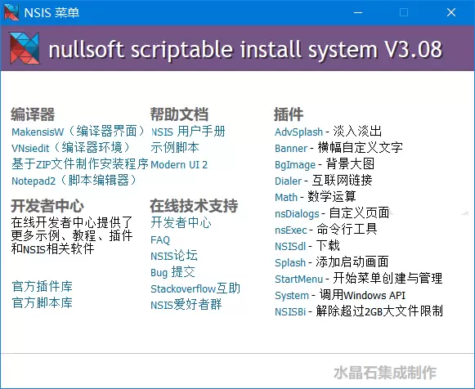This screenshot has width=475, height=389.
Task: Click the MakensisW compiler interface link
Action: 78,132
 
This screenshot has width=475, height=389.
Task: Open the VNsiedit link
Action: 70,148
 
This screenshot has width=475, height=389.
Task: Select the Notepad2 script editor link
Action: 74,181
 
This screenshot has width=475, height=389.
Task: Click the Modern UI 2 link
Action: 179,165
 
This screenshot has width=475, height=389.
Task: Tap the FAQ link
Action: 160,239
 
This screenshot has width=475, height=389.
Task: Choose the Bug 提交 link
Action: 173,272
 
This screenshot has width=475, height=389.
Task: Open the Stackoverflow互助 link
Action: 195,288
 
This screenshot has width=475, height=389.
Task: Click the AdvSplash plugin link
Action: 298,132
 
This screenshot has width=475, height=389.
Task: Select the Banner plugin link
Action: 291,149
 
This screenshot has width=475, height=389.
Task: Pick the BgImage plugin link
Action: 295,165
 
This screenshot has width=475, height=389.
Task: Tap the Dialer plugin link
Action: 288,181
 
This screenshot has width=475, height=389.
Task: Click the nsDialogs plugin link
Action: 297,214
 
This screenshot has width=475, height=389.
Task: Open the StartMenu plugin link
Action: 298,279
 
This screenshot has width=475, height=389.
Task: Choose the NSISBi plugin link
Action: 290,311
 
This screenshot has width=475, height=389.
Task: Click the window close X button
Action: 451,12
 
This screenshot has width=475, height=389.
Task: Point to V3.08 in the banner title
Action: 413,49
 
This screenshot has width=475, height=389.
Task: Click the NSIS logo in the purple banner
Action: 25,48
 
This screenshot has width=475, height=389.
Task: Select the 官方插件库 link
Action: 43,286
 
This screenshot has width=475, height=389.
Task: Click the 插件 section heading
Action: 289,114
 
